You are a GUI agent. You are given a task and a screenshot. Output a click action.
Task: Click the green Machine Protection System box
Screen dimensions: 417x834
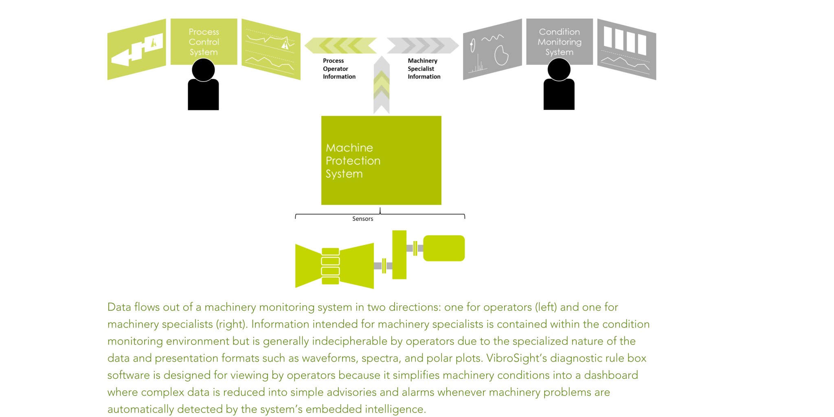pos(381,160)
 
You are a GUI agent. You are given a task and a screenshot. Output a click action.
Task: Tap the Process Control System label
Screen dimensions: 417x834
pos(204,42)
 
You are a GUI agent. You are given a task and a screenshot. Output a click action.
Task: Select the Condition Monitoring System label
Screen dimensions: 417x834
pos(559,42)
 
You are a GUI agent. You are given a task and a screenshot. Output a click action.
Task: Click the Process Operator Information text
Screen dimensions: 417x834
pos(339,68)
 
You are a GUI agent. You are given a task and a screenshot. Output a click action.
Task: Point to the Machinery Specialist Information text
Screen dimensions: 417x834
pos(424,68)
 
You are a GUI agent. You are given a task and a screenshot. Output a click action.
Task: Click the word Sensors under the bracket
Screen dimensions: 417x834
pos(362,219)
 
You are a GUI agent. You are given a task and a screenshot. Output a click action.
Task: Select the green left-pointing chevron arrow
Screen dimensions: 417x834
pos(341,46)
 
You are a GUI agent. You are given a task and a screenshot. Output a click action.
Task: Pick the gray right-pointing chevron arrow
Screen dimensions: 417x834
pos(422,46)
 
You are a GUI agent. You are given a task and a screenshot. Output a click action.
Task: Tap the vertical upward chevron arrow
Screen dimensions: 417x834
pos(382,86)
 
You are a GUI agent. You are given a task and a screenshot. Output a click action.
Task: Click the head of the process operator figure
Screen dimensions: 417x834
pos(203,70)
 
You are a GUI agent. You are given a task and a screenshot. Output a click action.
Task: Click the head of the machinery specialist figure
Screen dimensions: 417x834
pos(559,70)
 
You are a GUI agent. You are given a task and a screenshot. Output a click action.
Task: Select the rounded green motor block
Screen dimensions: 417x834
pos(444,248)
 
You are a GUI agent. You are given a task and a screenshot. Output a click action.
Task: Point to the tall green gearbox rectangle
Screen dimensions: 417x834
pos(399,255)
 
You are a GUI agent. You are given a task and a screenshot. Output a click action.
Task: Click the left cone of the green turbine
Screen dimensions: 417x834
pos(308,266)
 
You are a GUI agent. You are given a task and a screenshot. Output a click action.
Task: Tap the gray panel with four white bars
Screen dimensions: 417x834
pos(626,49)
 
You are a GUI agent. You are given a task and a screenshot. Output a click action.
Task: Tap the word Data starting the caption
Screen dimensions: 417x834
pos(119,307)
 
